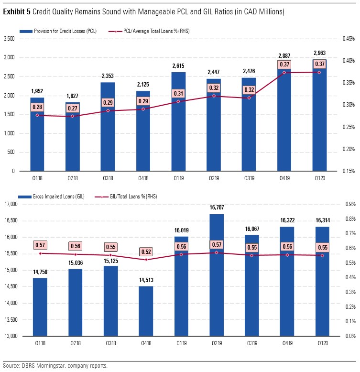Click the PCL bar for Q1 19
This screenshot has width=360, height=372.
pos(178,139)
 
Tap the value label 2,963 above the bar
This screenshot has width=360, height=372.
pos(319,53)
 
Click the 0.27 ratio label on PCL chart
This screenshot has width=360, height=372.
pos(73,108)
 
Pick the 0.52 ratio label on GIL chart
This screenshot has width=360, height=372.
pos(146,252)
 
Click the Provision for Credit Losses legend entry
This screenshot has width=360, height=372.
pos(58,31)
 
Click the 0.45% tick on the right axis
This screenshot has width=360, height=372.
pos(348,39)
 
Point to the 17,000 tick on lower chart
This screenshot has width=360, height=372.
pos(10,204)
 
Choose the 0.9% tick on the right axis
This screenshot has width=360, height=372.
pos(350,204)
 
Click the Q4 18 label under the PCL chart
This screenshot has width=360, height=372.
pos(143,178)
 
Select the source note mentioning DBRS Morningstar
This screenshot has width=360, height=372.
pos(55,366)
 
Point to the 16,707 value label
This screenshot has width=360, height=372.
pos(214,208)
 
